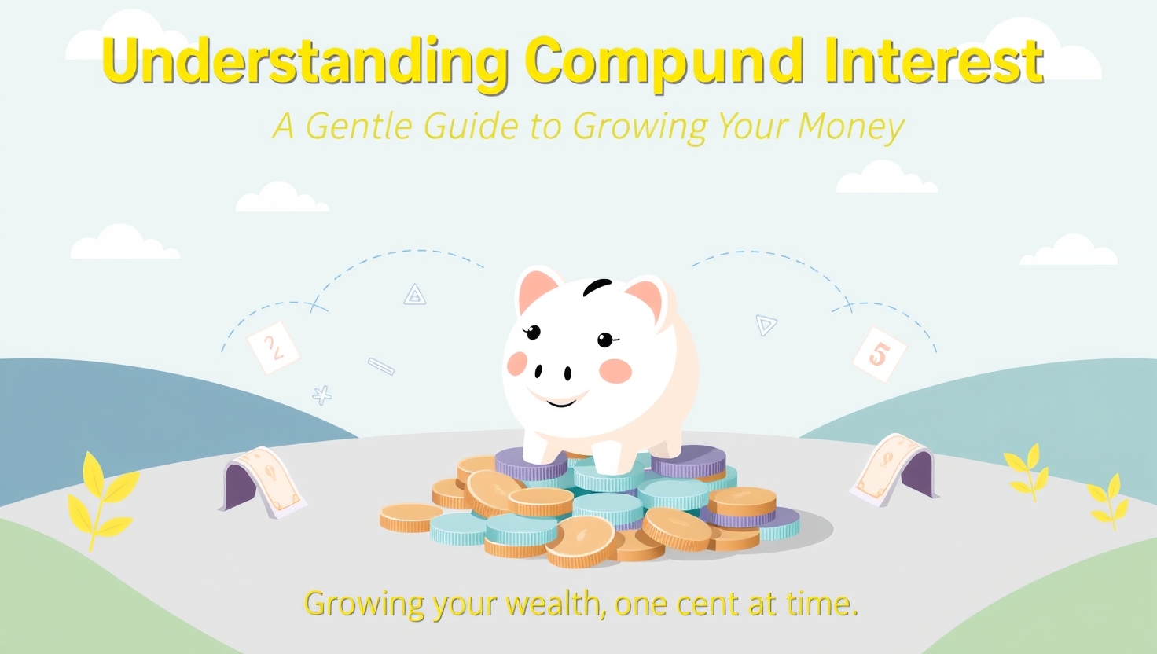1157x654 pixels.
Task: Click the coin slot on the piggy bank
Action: point(597,286)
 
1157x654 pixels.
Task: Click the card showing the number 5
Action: point(879,355)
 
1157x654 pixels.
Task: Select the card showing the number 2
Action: point(274,347)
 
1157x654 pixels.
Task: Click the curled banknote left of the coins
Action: point(263,481)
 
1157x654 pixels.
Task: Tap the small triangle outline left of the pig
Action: point(414,295)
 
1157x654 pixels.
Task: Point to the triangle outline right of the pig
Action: point(766,325)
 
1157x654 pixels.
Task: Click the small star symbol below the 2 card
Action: point(321,395)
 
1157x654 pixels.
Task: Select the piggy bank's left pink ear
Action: point(537,290)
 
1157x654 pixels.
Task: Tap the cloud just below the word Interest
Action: point(887,177)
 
